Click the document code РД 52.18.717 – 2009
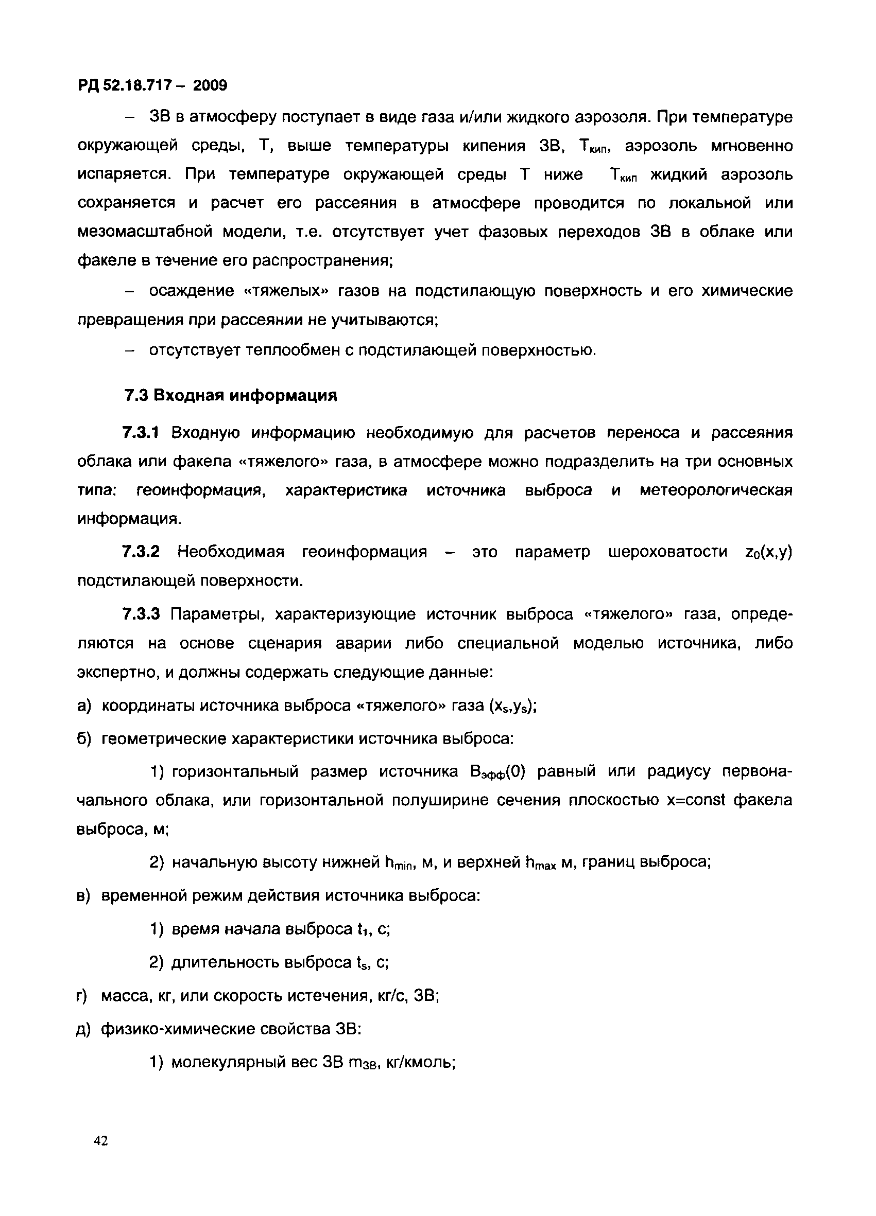[152, 85]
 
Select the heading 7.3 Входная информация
[231, 395]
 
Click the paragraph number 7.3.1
[141, 433]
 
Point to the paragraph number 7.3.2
[141, 552]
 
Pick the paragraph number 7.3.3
[141, 614]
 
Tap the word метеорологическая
[716, 490]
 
